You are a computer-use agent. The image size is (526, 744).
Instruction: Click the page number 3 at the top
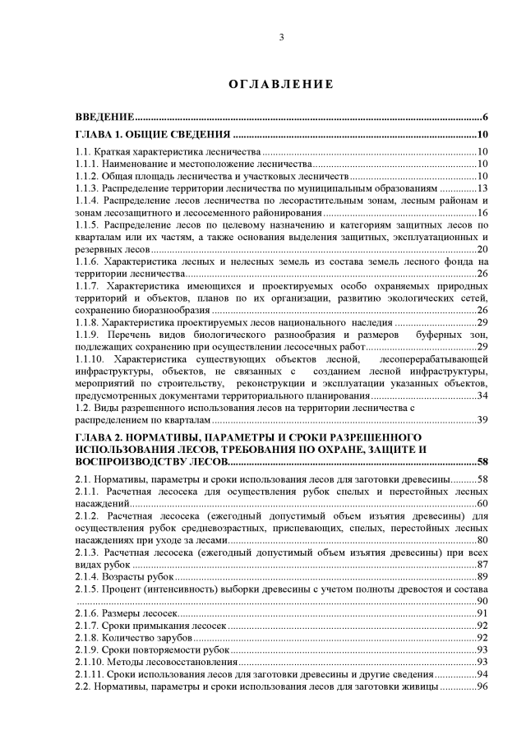point(280,37)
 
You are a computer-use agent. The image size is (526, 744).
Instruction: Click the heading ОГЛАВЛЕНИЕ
point(280,84)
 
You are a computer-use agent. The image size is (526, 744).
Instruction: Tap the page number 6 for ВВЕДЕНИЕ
point(487,118)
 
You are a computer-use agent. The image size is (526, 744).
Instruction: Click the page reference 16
point(483,213)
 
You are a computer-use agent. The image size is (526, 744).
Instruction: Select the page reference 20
point(483,249)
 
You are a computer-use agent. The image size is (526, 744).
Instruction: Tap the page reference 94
point(483,674)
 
